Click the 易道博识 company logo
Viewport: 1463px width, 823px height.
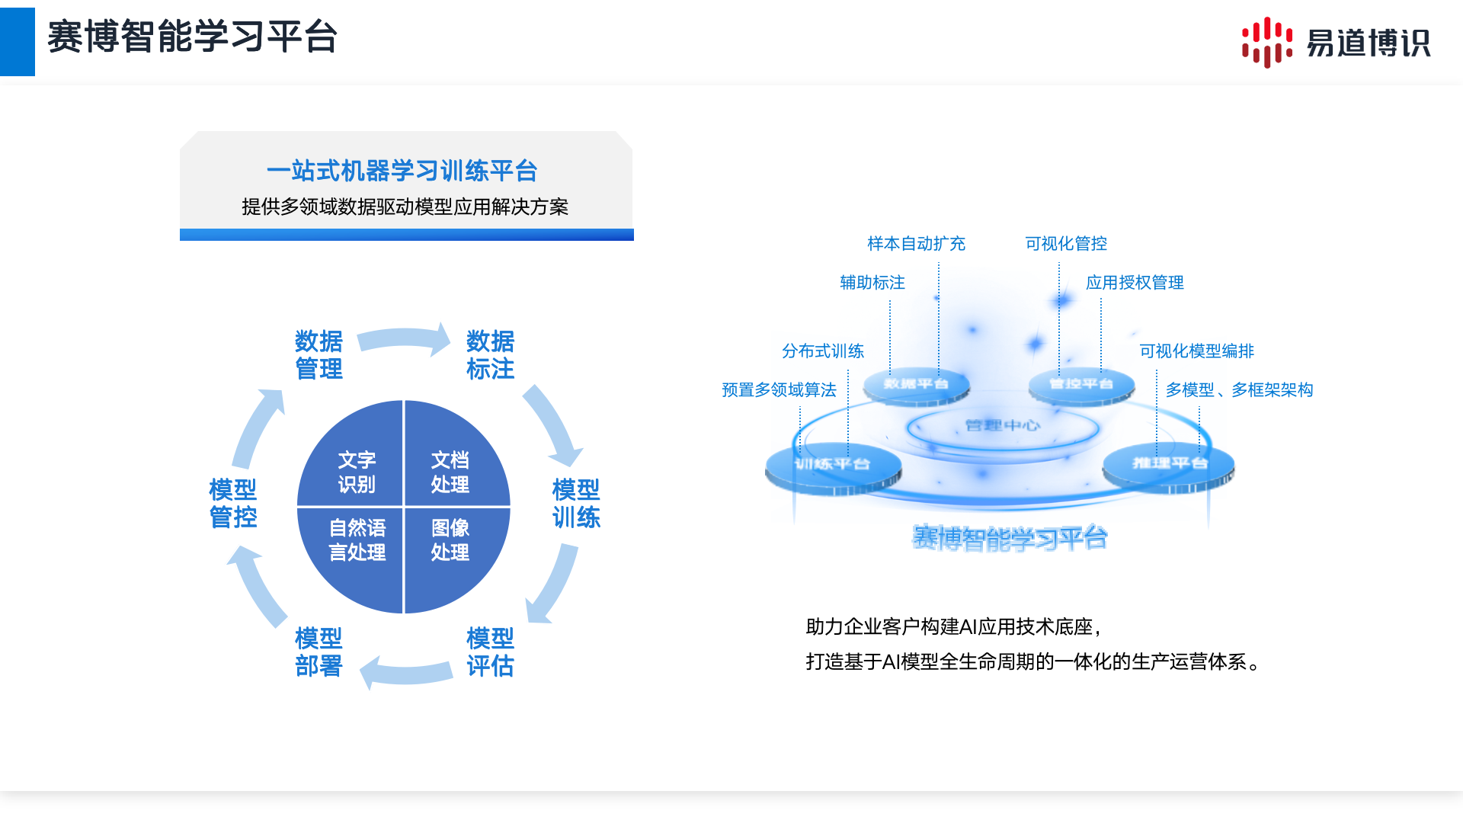point(1337,43)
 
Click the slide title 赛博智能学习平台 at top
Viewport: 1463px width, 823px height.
point(192,37)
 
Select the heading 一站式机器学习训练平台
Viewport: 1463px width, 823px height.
point(402,171)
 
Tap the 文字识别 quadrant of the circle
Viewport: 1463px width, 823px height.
point(357,472)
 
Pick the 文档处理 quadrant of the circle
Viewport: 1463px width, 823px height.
point(450,472)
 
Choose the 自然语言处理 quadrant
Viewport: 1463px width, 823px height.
point(357,540)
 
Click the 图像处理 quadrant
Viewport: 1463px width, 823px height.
point(450,540)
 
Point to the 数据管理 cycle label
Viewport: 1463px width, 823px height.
point(319,354)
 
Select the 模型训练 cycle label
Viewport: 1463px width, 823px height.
point(576,503)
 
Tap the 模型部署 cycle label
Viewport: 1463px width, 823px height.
point(319,652)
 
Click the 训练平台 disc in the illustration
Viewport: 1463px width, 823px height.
point(833,464)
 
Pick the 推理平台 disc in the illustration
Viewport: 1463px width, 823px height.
point(1170,463)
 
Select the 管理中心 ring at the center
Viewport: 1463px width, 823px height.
point(1002,425)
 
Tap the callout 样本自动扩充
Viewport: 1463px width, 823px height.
point(916,244)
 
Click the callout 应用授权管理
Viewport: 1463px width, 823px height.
point(1135,283)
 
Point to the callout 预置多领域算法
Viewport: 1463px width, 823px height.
point(779,390)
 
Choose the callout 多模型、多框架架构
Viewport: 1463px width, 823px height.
point(1239,390)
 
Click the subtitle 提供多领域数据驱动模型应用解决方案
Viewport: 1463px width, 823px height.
point(405,207)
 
